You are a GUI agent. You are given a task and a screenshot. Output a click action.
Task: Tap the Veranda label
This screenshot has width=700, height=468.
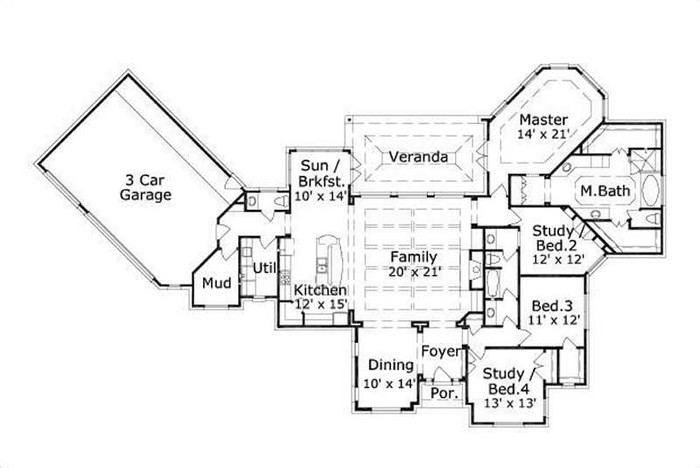point(419,157)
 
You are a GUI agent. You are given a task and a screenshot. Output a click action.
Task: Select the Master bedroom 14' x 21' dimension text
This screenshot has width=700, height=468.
point(543,134)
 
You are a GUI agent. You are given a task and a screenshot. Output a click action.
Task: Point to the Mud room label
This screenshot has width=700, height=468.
point(215,283)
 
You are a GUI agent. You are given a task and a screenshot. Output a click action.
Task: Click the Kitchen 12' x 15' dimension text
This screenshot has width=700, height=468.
point(320,304)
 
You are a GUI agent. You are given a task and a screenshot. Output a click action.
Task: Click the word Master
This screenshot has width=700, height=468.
point(543,120)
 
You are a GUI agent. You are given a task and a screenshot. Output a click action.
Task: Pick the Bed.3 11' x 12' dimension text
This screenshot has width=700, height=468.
point(552,320)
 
